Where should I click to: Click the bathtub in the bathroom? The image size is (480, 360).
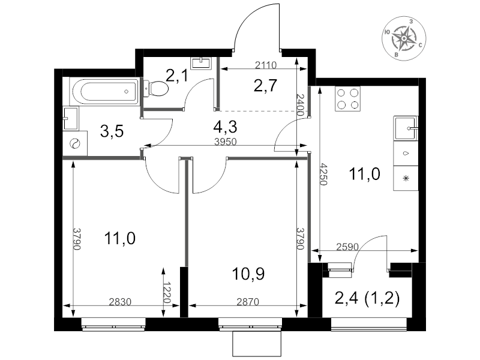coord(104,91)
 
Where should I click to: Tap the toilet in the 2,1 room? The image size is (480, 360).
coord(156,89)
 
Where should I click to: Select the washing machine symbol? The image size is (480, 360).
coord(75,143)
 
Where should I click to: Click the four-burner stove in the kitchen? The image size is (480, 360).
coord(348,98)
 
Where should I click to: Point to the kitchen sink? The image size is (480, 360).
coord(406,128)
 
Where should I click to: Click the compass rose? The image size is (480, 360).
coord(404,38)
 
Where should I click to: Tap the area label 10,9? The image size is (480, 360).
coord(248,274)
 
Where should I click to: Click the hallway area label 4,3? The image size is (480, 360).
coord(226,127)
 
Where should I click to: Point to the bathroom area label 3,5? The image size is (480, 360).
coord(112,131)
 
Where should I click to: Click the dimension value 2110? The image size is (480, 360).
coord(265,65)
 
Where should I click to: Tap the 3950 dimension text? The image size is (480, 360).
coord(226,142)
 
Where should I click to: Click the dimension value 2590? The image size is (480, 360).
coord(347,247)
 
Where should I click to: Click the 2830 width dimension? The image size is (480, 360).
coord(121,302)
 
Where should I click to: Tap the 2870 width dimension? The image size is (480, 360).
coord(248,302)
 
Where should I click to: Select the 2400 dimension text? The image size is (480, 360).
coord(301,104)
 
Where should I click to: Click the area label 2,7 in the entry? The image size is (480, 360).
coord(265,85)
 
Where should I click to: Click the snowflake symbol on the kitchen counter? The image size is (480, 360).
coord(406,178)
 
